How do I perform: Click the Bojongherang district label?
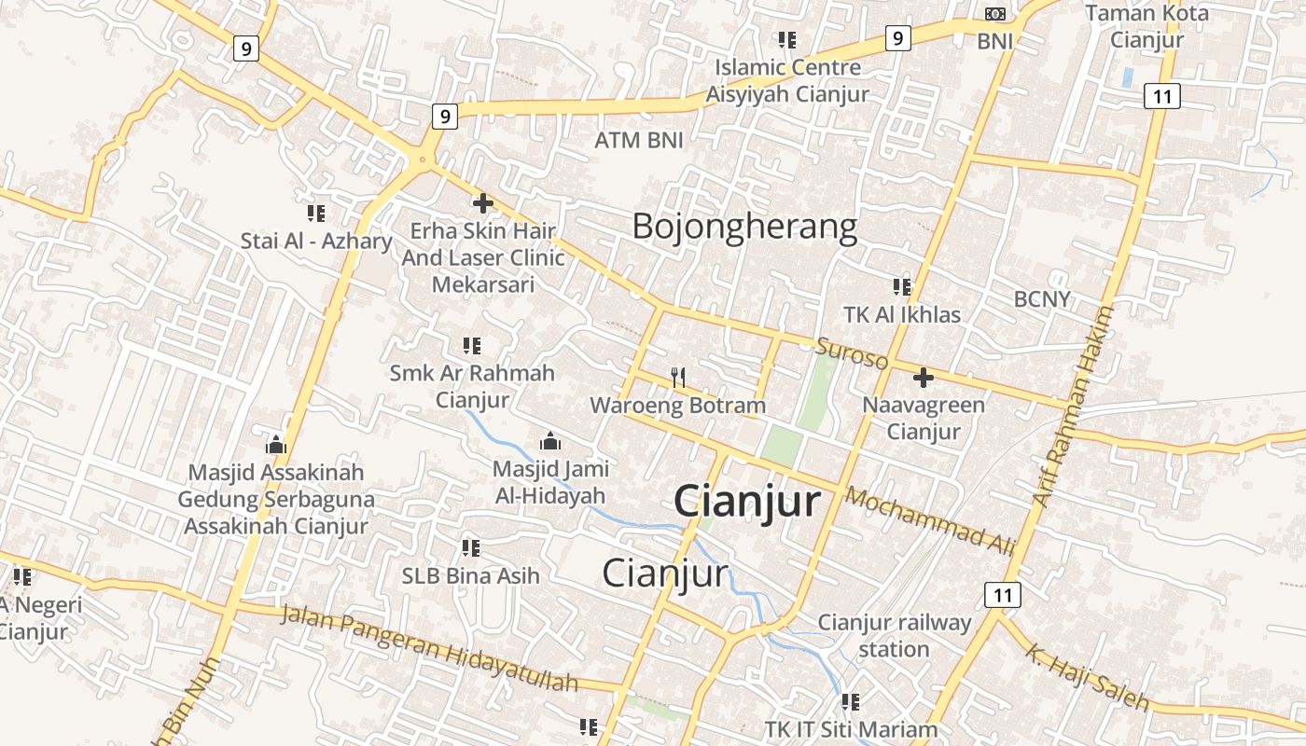click(744, 227)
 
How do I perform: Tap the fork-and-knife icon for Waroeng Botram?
click(678, 378)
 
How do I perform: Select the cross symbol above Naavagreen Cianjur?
click(923, 378)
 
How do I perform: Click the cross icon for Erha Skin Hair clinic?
click(482, 202)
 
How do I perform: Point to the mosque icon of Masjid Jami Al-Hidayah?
click(550, 440)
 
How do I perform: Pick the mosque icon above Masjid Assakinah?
click(276, 444)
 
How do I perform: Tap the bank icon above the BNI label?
click(995, 14)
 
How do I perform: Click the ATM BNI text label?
click(639, 141)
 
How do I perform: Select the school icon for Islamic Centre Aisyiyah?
click(787, 39)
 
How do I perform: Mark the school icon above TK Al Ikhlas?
click(901, 286)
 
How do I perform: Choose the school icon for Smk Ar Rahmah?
click(471, 346)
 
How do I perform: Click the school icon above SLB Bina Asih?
click(470, 547)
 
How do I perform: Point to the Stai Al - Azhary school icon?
click(316, 214)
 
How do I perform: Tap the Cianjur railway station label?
click(894, 635)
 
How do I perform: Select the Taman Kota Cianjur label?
click(1146, 26)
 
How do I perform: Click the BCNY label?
click(1042, 299)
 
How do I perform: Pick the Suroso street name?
click(852, 354)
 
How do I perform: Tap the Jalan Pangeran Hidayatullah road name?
click(429, 649)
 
